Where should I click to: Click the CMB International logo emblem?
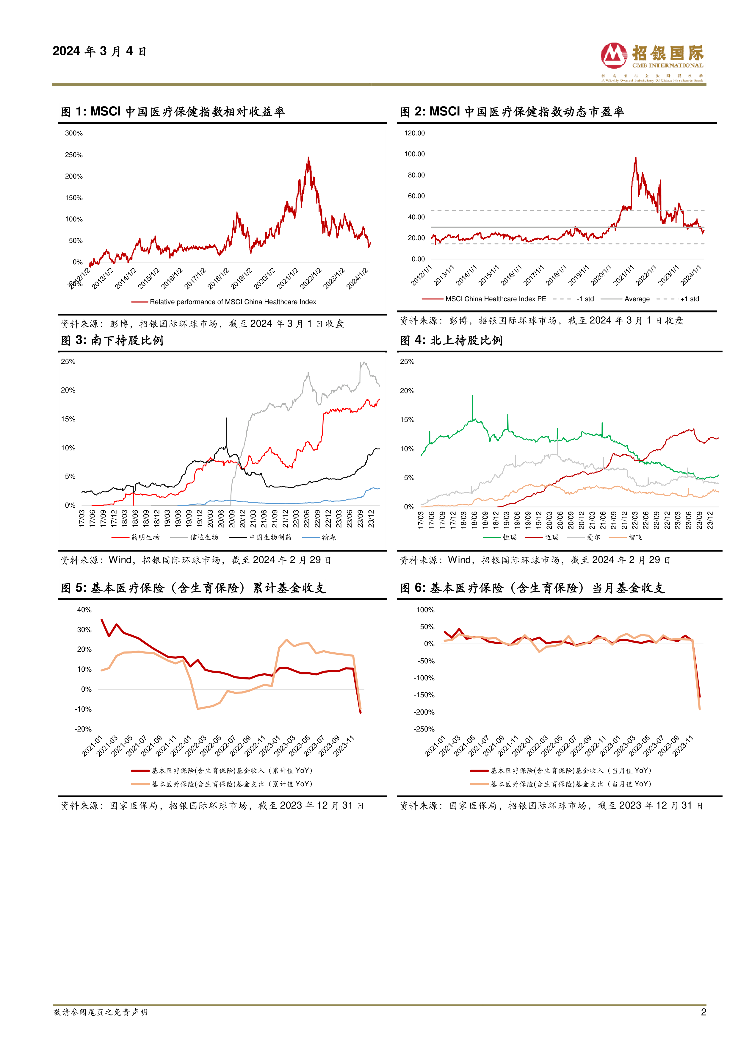(x=614, y=55)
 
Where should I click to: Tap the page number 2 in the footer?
(x=703, y=1012)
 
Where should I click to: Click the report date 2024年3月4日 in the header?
(x=100, y=51)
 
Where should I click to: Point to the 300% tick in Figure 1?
(x=73, y=133)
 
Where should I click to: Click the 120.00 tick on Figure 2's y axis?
(x=414, y=133)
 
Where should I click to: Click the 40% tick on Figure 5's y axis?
(x=84, y=610)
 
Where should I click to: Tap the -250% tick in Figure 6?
(x=424, y=729)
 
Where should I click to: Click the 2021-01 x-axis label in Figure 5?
(x=93, y=746)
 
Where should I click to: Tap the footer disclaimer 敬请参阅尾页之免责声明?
(x=101, y=1012)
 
